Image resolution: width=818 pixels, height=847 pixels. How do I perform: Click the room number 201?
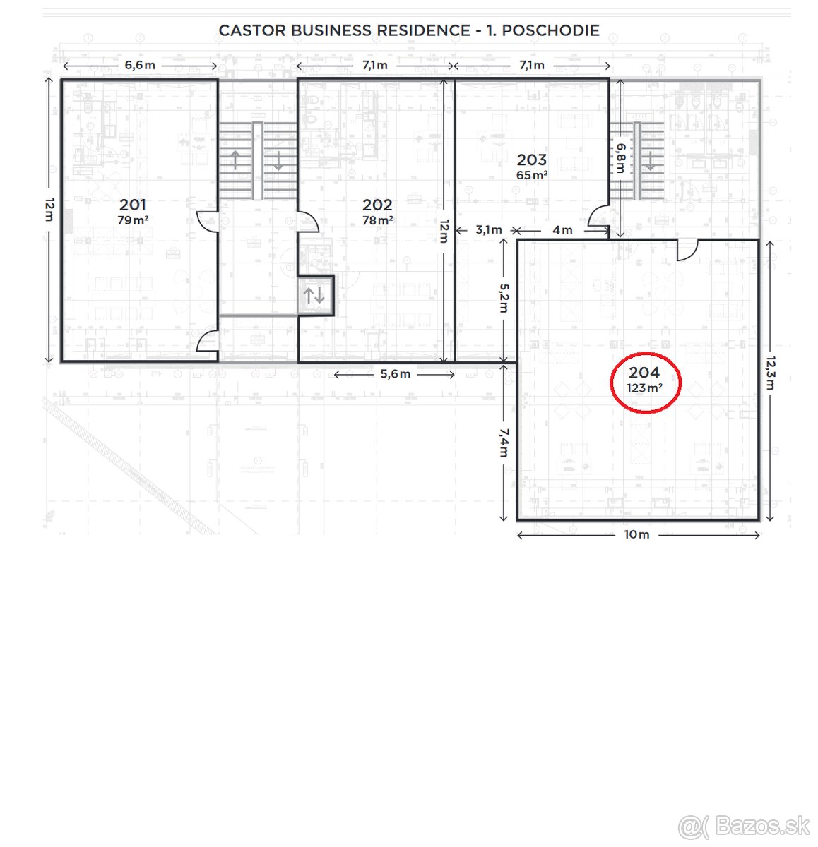tap(133, 205)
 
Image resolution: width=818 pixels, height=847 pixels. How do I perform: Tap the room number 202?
tap(377, 205)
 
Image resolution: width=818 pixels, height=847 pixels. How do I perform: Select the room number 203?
tap(531, 160)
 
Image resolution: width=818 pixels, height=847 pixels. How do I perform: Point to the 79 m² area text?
tap(133, 220)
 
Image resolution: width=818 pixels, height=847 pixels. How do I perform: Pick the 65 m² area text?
tap(531, 175)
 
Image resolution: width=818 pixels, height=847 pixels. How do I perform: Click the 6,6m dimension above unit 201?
tap(139, 65)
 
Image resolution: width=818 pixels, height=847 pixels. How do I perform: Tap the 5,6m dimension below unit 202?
tap(395, 374)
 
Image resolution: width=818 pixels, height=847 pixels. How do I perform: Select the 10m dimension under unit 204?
tap(636, 534)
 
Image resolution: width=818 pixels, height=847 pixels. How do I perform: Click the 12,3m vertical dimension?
tap(769, 373)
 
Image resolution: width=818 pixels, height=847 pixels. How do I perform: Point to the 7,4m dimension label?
tap(503, 442)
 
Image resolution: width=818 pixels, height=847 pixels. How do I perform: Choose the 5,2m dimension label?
tap(503, 298)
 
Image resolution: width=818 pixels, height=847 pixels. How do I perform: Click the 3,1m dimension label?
tap(489, 229)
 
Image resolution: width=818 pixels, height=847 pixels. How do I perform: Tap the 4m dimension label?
tap(562, 229)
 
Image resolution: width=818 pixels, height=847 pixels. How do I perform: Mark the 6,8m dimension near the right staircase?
tap(620, 158)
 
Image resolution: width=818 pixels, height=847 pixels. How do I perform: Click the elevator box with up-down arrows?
tap(315, 294)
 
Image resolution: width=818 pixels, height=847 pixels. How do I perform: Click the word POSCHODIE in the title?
tap(550, 30)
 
